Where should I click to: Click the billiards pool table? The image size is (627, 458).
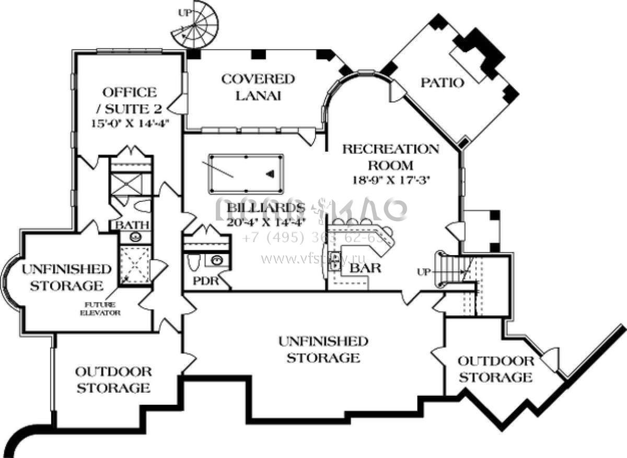(246, 173)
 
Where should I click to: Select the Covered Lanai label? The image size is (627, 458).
(258, 87)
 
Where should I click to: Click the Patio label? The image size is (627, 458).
(443, 83)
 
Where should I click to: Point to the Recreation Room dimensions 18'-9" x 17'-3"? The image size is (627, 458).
(391, 179)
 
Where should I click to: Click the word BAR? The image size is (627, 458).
(366, 269)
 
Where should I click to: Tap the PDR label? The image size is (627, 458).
(205, 281)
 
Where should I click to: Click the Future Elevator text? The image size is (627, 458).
(100, 308)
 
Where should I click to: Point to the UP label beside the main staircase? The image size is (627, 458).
(424, 272)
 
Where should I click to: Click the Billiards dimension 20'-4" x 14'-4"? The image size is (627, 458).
(266, 221)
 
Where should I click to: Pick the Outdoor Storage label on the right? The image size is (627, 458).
(496, 369)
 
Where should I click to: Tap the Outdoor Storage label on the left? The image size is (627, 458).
(113, 380)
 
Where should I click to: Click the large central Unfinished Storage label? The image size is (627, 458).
(323, 349)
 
